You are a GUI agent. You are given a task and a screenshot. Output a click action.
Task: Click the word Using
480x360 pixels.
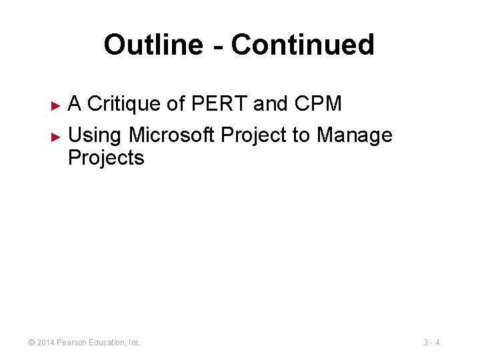(x=95, y=135)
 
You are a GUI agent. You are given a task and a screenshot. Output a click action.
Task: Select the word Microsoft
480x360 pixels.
(x=171, y=135)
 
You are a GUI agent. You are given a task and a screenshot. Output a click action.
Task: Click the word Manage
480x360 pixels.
(x=355, y=135)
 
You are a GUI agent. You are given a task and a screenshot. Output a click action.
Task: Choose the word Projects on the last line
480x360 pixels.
(x=106, y=158)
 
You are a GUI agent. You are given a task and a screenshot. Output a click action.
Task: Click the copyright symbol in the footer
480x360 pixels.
(x=31, y=343)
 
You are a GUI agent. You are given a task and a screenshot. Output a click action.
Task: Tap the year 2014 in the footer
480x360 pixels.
(x=45, y=343)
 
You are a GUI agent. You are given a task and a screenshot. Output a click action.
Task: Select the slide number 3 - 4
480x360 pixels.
(x=431, y=343)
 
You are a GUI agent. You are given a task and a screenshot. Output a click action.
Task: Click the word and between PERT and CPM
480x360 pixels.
(x=269, y=104)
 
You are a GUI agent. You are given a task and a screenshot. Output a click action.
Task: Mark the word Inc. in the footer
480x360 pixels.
(x=135, y=343)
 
